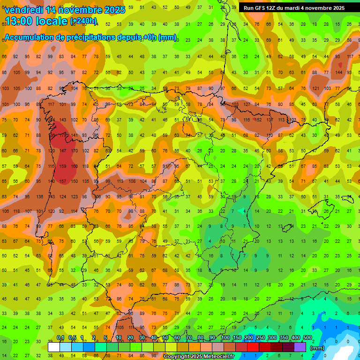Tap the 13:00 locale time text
click(x=36, y=21)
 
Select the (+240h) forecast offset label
click(x=83, y=21)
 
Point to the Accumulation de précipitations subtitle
click(x=90, y=37)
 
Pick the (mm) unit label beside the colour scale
click(x=317, y=348)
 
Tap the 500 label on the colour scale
click(x=307, y=338)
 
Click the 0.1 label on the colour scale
click(x=60, y=338)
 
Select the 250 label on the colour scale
click(x=260, y=338)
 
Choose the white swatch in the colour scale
click(x=54, y=347)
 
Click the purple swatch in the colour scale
click(x=300, y=347)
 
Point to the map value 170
click(x=75, y=150)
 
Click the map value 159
click(x=63, y=166)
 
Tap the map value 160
click(x=75, y=166)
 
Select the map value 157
click(x=63, y=181)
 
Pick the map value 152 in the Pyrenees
click(x=258, y=120)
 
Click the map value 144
click(x=339, y=72)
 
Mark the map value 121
click(x=315, y=88)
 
